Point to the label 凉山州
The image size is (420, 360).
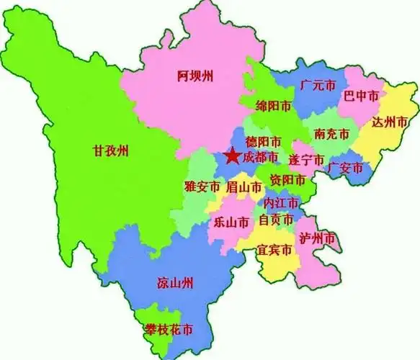tap(174, 282)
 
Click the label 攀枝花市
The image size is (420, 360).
tap(168, 330)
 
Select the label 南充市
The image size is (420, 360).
tap(331, 134)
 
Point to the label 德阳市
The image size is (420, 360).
tap(263, 141)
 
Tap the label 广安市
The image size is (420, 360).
tap(344, 168)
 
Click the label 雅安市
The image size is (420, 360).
tap(202, 186)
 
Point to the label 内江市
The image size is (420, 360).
tap(282, 202)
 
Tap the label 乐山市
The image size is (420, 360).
tap(231, 222)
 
